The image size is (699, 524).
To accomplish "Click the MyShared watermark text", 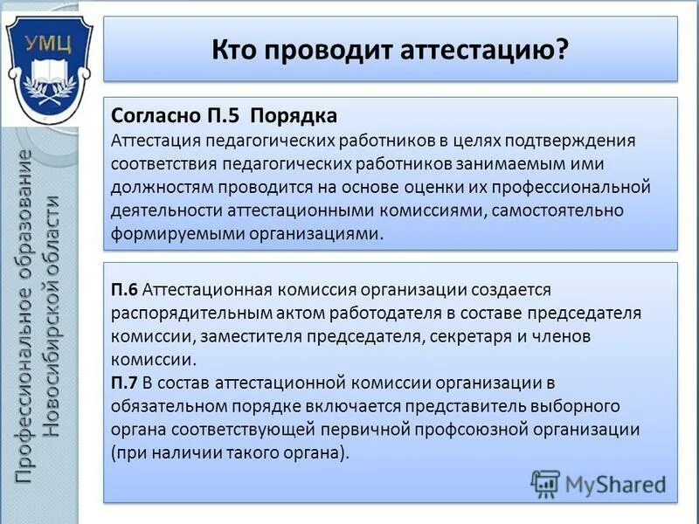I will [615, 483].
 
